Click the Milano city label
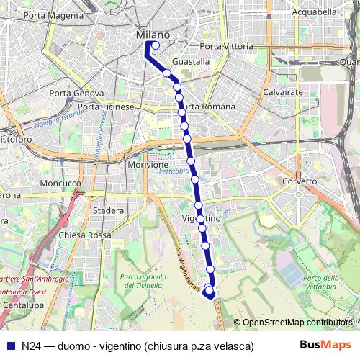[153, 35]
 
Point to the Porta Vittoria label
[226, 46]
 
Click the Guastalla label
[192, 62]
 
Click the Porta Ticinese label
[106, 107]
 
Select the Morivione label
[147, 165]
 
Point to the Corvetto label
[300, 181]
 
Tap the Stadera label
[109, 210]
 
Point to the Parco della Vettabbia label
[321, 283]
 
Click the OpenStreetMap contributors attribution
[297, 323]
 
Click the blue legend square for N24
[10, 346]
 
